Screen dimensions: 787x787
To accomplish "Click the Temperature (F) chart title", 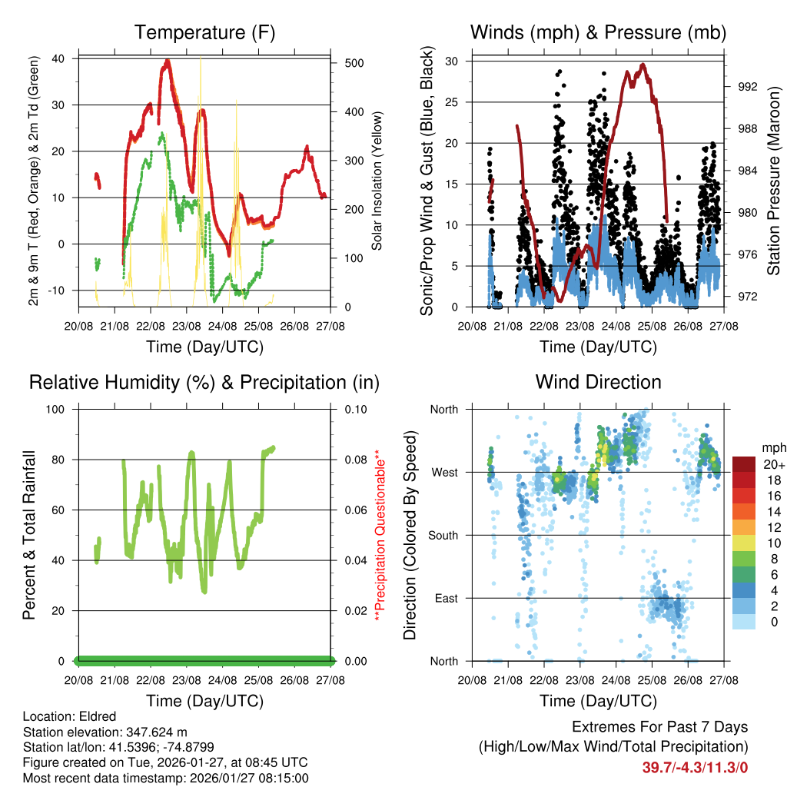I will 204,32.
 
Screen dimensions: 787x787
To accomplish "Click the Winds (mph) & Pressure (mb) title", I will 598,32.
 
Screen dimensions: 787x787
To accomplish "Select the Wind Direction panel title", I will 598,382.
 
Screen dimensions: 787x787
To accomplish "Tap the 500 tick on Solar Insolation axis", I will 354,63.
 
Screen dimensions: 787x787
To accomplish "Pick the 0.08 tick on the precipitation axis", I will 355,460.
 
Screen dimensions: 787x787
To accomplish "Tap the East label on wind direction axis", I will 446,598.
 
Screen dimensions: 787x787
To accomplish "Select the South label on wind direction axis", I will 443,535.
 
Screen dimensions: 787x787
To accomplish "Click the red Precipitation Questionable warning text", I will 378,536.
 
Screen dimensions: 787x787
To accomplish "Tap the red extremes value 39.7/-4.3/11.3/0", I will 695,767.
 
